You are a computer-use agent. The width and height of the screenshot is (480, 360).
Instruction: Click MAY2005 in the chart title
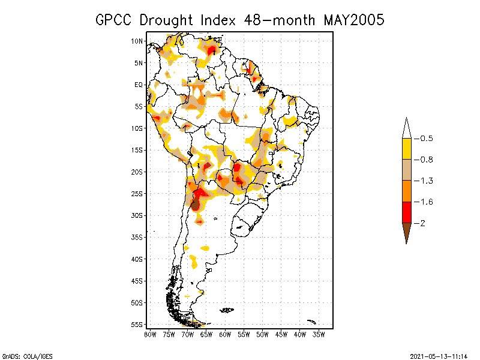click(353, 20)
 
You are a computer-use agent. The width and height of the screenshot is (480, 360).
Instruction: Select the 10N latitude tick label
click(137, 41)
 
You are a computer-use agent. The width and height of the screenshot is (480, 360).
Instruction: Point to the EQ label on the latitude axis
click(139, 85)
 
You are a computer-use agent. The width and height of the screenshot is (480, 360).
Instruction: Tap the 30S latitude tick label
click(137, 215)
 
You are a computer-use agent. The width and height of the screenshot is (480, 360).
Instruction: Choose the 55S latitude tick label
click(137, 325)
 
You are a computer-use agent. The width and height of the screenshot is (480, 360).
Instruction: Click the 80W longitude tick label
click(150, 334)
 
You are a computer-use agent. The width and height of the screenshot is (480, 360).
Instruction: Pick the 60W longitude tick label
click(225, 334)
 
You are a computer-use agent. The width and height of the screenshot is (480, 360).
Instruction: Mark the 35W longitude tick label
click(319, 334)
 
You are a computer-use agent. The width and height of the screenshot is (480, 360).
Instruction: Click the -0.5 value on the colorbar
click(425, 139)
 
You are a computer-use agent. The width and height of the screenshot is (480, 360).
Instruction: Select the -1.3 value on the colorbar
click(425, 181)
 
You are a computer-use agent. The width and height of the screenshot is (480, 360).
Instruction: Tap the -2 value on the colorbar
click(422, 223)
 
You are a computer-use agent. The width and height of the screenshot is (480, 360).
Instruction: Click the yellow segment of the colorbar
click(406, 149)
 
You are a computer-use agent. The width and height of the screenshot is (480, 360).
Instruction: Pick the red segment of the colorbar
click(406, 212)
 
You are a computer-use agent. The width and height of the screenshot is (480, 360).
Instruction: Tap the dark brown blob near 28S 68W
click(195, 205)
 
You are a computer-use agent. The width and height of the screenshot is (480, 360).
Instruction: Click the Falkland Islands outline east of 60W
click(227, 310)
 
